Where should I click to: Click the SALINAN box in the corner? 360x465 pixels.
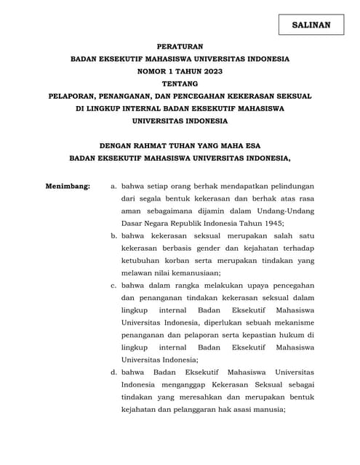pos(311,25)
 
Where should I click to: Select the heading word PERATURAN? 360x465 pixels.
pos(180,45)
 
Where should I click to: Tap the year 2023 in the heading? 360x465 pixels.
pos(210,70)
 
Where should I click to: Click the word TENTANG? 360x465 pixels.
pos(180,84)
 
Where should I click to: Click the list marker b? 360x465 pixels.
pos(113,236)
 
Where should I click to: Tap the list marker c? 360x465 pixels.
pos(113,285)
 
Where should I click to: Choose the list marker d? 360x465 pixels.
pos(113,371)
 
